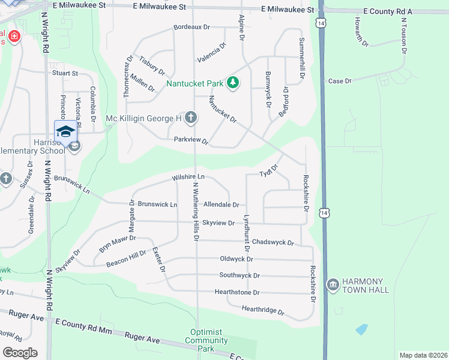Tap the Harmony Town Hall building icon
(333, 284)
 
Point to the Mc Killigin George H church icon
(190, 118)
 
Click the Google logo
(20, 352)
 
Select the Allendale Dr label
(221, 205)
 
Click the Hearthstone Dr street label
(237, 292)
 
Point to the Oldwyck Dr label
(237, 259)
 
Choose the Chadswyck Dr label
(273, 242)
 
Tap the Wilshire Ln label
(188, 177)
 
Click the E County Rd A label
(388, 11)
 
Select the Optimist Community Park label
(206, 340)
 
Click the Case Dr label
(336, 81)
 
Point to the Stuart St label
(65, 73)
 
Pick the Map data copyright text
(423, 355)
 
